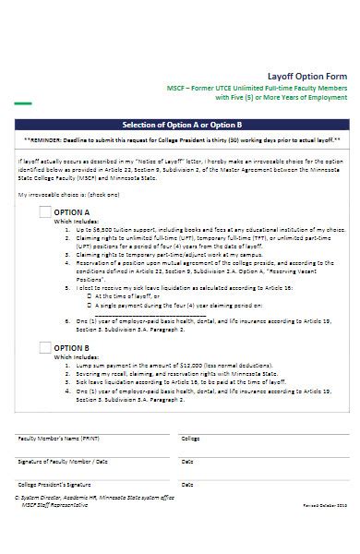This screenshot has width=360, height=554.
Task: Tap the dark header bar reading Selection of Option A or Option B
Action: coord(181,124)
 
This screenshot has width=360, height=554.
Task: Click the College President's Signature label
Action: coord(54,483)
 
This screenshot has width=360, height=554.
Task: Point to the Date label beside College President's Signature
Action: coord(187,483)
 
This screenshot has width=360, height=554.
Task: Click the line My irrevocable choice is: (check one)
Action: coord(68,196)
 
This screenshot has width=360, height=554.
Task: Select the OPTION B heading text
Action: coord(77,348)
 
